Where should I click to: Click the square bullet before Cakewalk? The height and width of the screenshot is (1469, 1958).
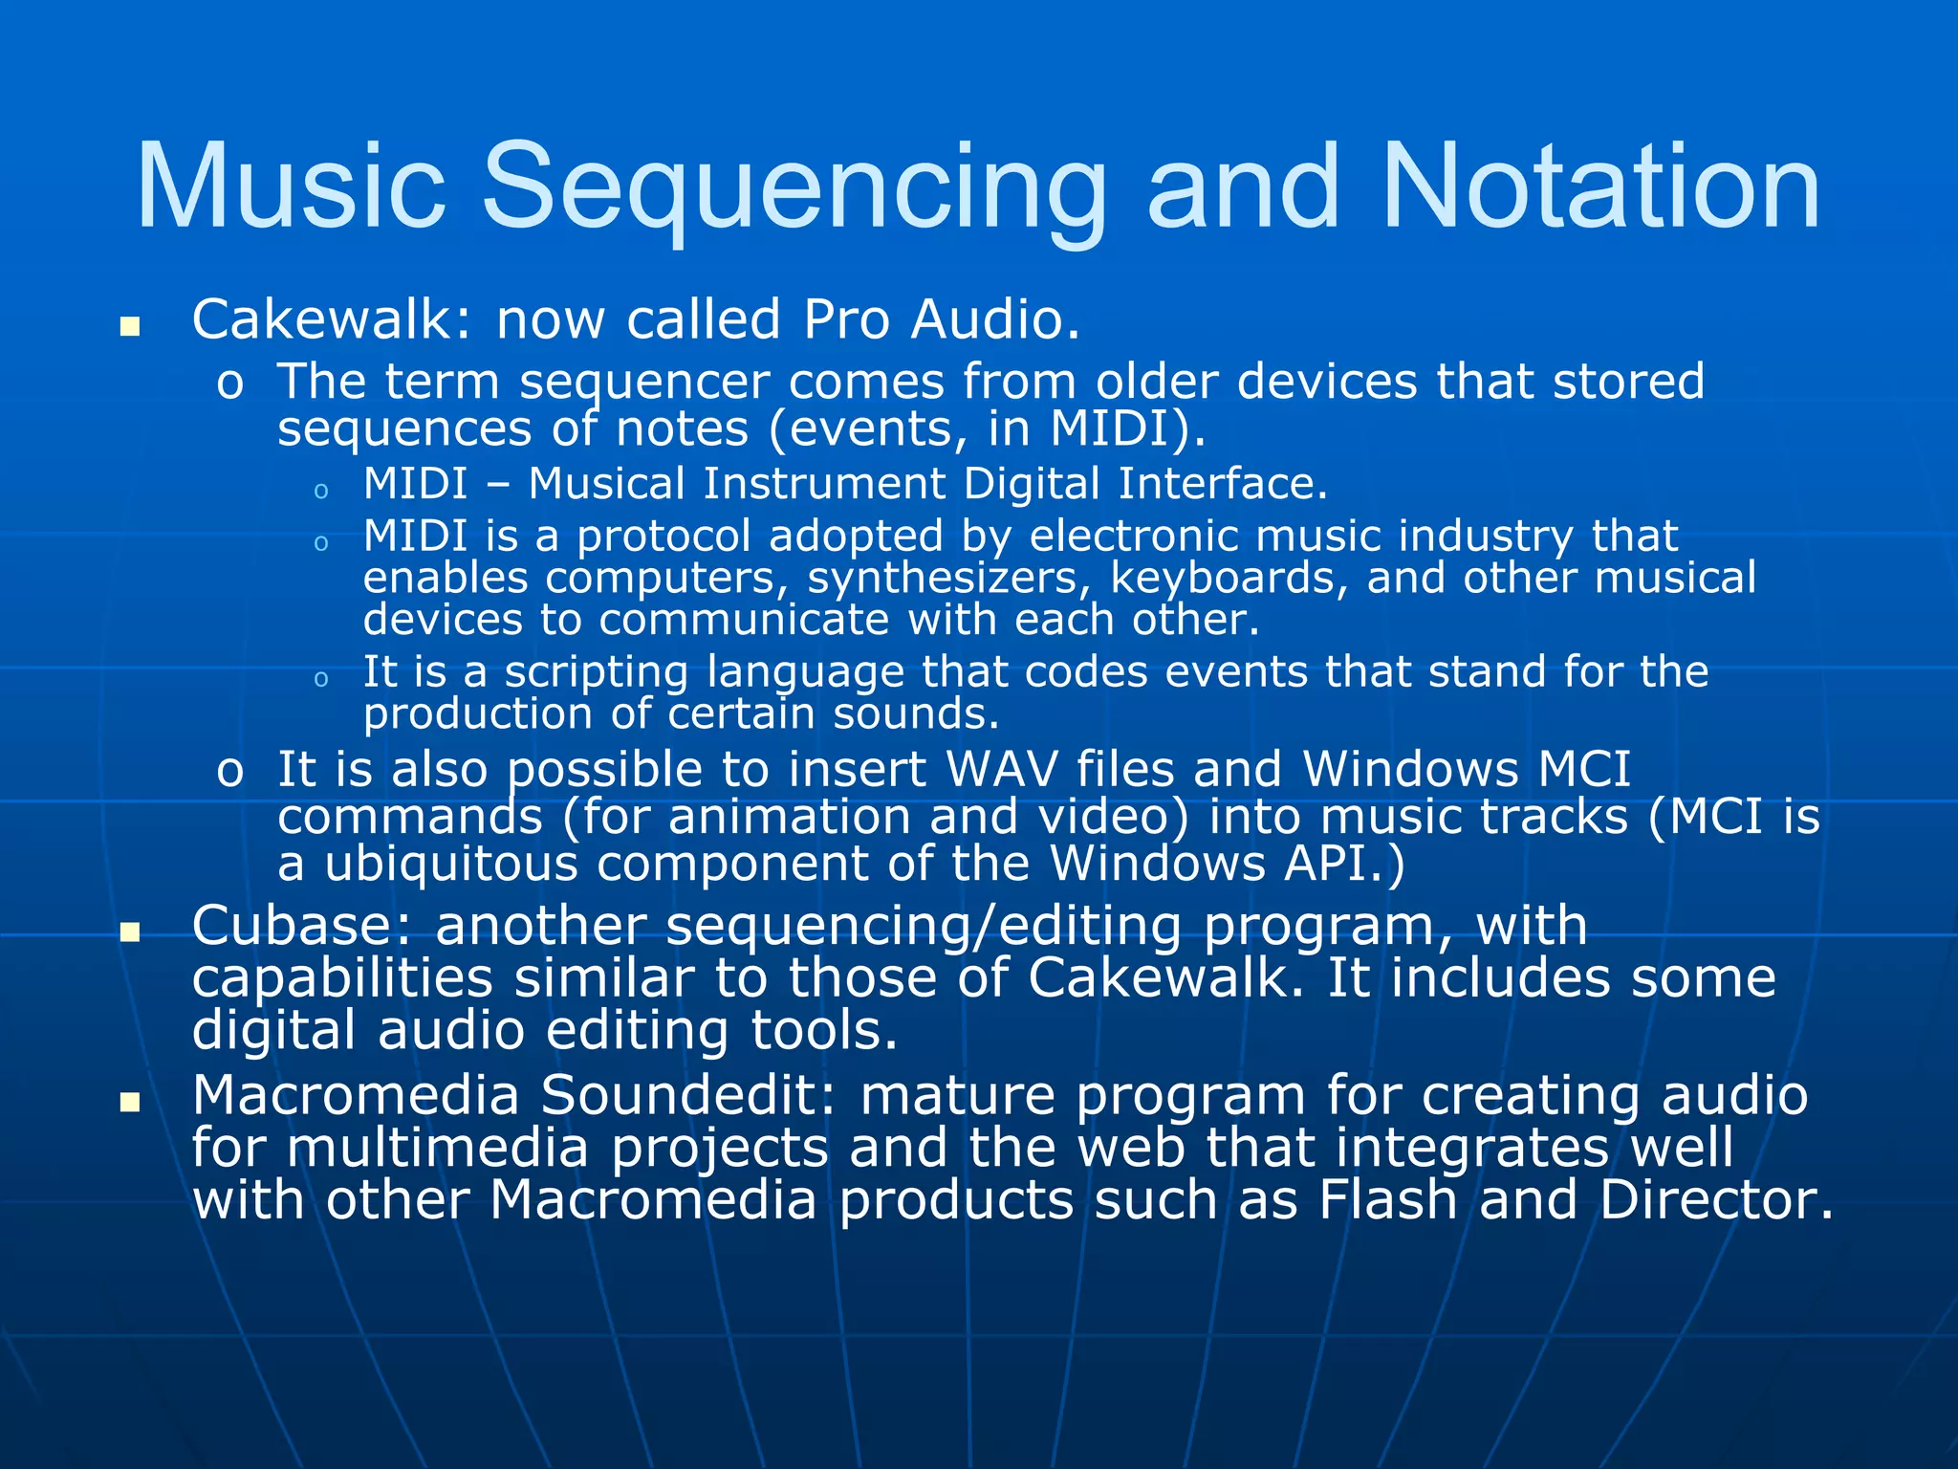point(129,328)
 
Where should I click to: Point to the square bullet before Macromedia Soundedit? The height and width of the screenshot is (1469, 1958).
point(129,1103)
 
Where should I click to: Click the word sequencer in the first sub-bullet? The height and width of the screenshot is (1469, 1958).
point(644,382)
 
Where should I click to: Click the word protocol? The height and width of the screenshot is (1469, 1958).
point(664,537)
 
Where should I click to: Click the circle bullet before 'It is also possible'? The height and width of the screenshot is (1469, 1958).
point(229,771)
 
